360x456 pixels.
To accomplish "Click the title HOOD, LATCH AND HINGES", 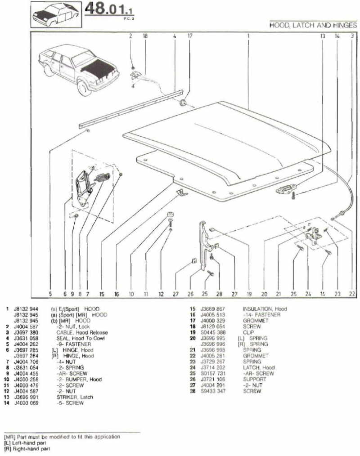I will (x=313, y=26).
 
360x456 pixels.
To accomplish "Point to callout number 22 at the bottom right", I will (x=351, y=294).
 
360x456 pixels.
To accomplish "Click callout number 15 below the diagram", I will (x=102, y=294).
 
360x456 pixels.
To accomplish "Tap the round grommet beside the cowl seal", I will (x=183, y=103).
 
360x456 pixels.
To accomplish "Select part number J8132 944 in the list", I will (x=26, y=309).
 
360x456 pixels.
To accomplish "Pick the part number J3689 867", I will (x=214, y=309).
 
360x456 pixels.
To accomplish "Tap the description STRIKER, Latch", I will (x=75, y=397).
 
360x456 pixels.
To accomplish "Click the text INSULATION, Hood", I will (x=265, y=309).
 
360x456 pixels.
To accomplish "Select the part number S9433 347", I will (x=214, y=391).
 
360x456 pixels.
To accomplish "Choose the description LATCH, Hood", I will (x=259, y=367).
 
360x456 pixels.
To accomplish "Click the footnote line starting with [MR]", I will (x=62, y=437).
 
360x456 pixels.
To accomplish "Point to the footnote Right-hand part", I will (x=30, y=448).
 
